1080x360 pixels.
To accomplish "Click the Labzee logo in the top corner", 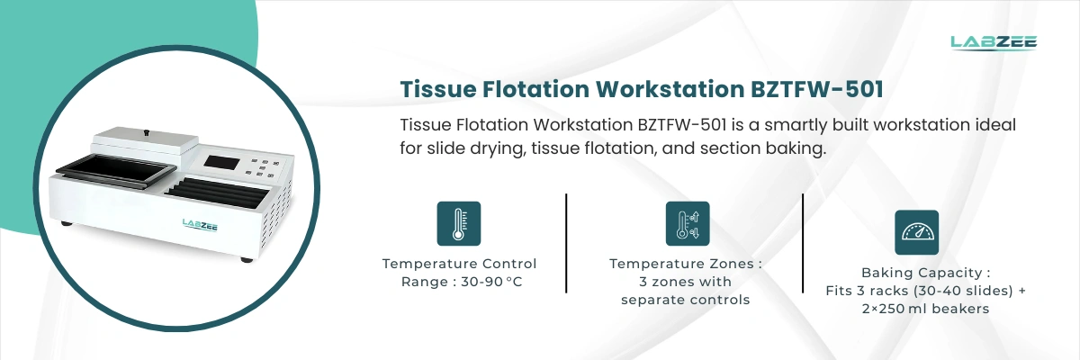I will (994, 42).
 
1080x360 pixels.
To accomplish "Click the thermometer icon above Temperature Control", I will (459, 223).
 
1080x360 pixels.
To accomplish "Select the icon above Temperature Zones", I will (687, 223).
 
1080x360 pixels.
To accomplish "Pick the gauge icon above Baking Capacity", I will (916, 232).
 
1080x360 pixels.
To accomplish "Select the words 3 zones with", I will (685, 282).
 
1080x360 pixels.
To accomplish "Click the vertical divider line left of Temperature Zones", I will (566, 243).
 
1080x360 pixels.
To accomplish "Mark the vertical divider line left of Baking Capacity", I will (803, 243).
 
